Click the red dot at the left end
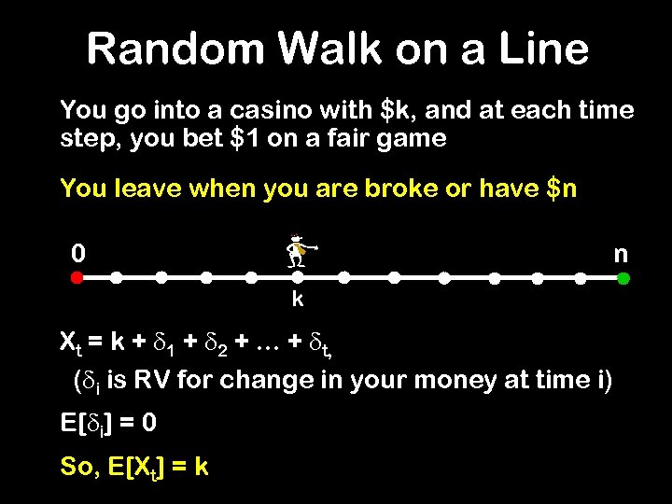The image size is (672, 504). pos(77,278)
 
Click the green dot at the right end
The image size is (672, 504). pos(623,278)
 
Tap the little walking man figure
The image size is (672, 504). pos(299,250)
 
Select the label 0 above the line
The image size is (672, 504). pos(79,253)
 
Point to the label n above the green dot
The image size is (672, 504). pos(621,253)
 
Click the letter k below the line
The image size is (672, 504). pos(298,300)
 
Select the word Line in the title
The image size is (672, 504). pos(542,49)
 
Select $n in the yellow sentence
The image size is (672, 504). pos(556,189)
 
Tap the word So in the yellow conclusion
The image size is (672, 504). pos(77,466)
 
